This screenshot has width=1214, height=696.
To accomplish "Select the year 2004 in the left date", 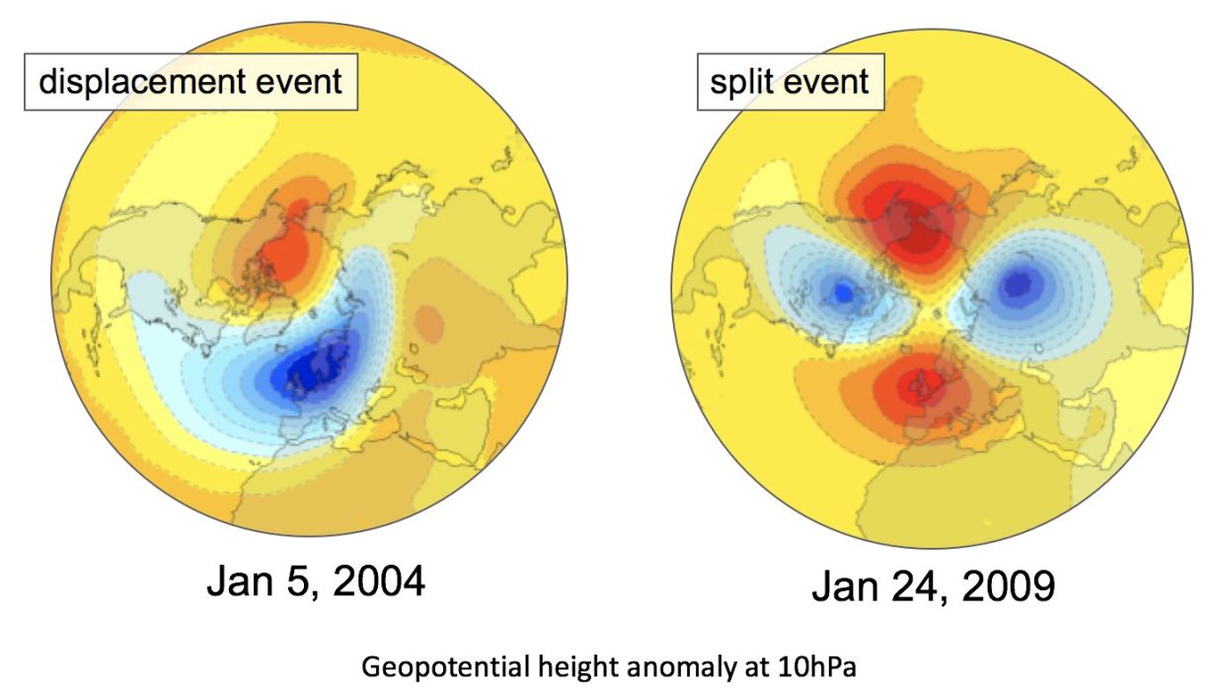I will [379, 582].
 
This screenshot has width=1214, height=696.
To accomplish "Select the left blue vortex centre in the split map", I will [843, 291].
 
